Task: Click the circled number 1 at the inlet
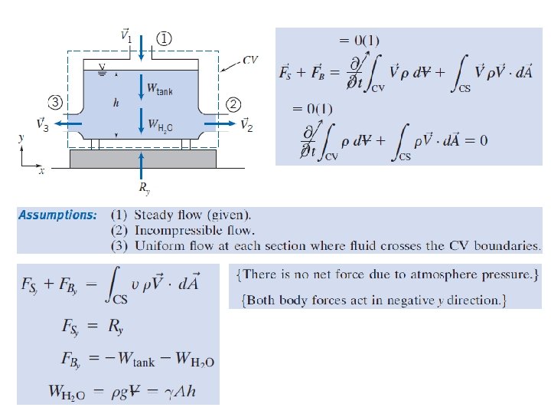coord(165,37)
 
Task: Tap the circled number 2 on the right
coord(233,103)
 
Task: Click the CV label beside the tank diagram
coord(250,60)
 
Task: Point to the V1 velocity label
coord(126,35)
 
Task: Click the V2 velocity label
coord(246,124)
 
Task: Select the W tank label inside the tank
coord(161,90)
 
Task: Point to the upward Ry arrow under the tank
coord(142,163)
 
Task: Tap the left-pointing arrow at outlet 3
coord(66,122)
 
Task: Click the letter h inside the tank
coord(116,101)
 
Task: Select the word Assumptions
coord(57,215)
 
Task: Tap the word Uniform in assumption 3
coord(158,246)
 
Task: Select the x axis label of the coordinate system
coord(41,172)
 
